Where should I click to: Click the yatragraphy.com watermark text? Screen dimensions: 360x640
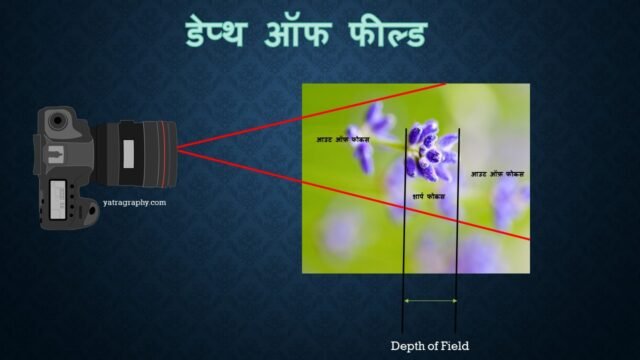coord(134,202)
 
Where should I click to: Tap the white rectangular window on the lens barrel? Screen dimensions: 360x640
coord(128,153)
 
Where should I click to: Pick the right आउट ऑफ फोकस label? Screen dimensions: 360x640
coord(497,174)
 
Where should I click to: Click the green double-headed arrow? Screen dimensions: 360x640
coord(430,299)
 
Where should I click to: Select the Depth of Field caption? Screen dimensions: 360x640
coord(429,345)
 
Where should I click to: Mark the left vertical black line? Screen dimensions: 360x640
coord(404,230)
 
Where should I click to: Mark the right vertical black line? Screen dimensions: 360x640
coord(457,230)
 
